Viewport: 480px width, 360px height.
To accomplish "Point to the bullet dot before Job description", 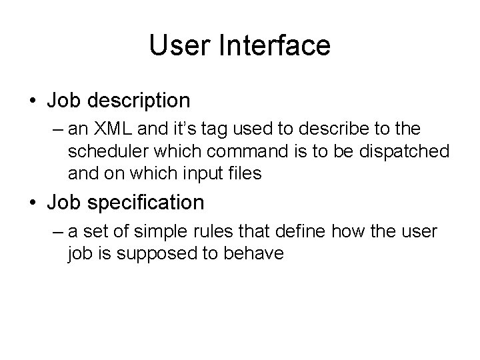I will [x=32, y=101].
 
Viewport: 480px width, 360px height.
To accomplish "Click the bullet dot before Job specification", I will [x=32, y=203].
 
